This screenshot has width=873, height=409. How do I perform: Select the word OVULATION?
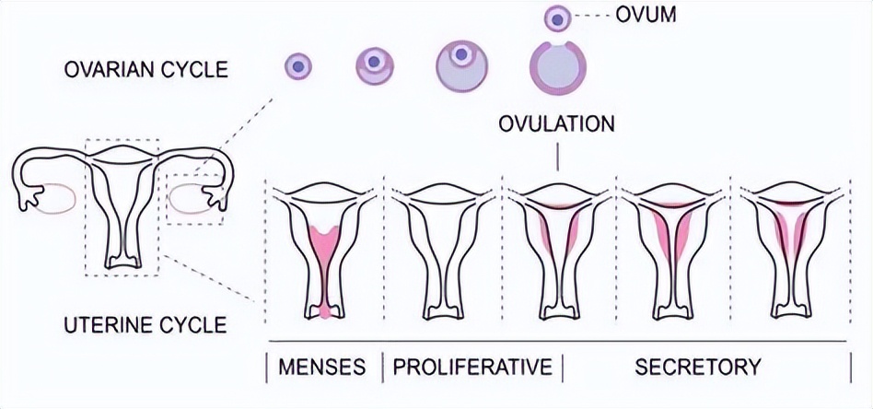(x=556, y=124)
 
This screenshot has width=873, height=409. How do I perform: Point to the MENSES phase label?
(x=321, y=367)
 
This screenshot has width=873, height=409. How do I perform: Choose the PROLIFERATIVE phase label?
(x=472, y=367)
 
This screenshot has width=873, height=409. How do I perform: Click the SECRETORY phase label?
(x=697, y=367)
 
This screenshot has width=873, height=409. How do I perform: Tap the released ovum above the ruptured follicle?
(x=556, y=18)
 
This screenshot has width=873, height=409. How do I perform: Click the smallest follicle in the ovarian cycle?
(x=298, y=65)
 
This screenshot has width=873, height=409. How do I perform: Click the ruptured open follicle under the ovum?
(x=556, y=69)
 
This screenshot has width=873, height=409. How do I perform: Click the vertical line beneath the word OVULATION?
(x=558, y=158)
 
